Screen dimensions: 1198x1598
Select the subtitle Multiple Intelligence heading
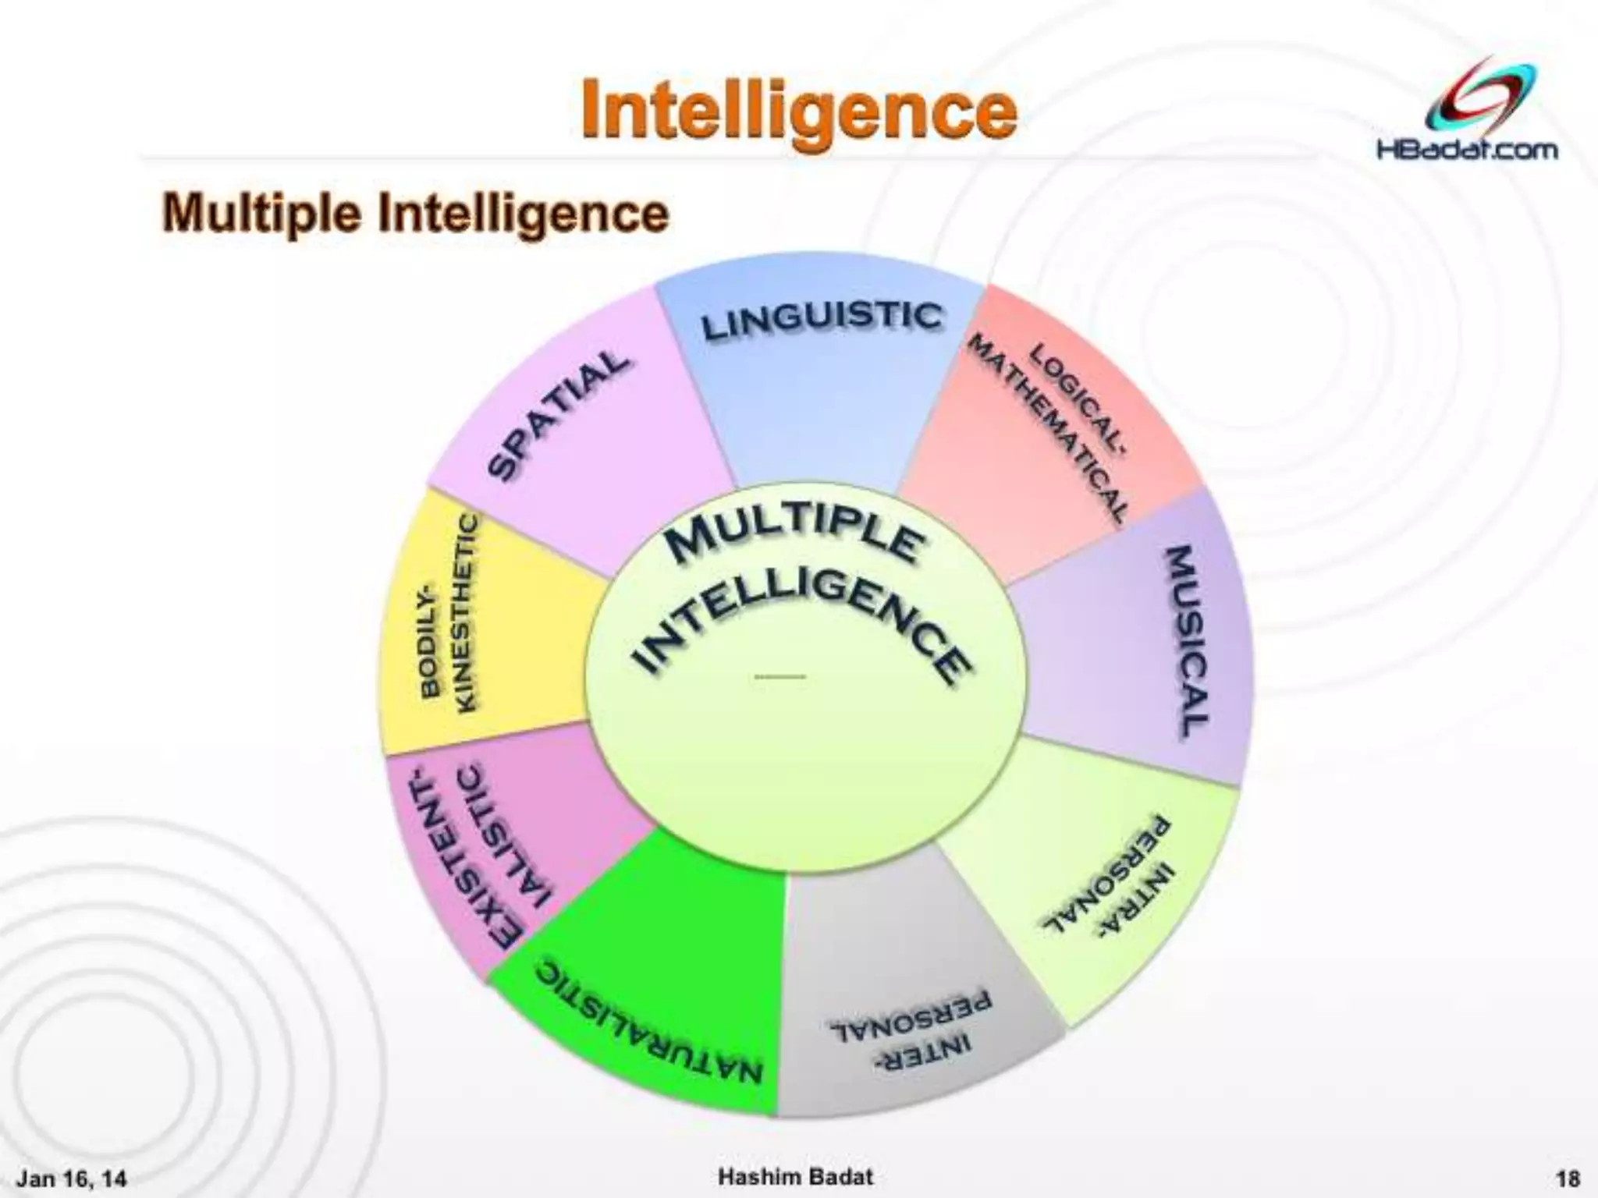click(415, 213)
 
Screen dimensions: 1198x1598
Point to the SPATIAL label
click(557, 414)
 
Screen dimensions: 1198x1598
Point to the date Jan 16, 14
click(72, 1176)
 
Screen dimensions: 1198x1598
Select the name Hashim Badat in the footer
click(795, 1175)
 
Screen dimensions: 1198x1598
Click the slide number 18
click(1567, 1176)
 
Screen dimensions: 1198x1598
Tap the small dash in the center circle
click(779, 676)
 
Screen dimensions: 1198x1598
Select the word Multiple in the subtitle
click(261, 213)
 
